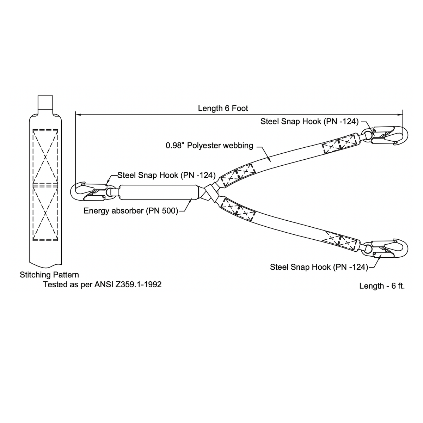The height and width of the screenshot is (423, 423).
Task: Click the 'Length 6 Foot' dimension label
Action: tap(223, 108)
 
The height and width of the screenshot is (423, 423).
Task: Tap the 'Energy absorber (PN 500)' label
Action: tap(131, 211)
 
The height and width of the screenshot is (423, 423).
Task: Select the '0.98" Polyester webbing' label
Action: tap(209, 146)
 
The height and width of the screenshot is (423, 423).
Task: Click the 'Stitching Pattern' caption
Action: tap(49, 275)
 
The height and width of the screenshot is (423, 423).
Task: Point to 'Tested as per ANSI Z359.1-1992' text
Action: tap(102, 284)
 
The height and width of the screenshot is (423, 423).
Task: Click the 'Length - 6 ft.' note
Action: tap(382, 286)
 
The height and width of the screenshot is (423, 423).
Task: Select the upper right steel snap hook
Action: tap(385, 135)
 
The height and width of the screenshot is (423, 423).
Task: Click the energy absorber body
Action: tap(159, 192)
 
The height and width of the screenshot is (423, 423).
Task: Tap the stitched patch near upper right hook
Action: tap(340, 143)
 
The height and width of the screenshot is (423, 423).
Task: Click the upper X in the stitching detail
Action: tap(45, 157)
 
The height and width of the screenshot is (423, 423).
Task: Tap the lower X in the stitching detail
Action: tap(45, 213)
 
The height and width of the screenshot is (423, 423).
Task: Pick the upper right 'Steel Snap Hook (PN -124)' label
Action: tap(309, 121)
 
